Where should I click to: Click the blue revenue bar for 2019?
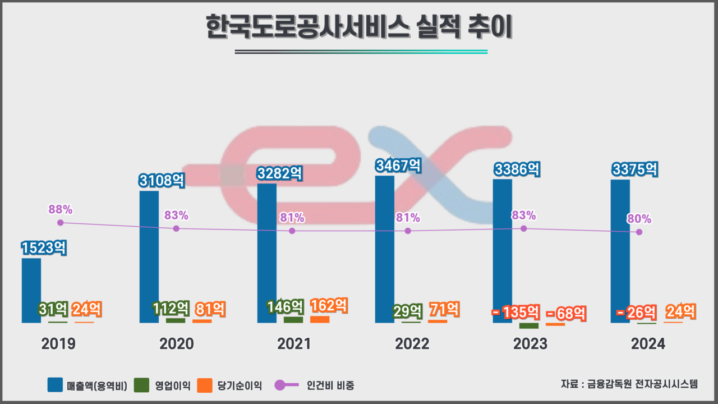(31, 291)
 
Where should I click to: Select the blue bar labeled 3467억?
(385, 249)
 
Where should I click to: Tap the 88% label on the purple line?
(61, 209)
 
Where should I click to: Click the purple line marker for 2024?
(639, 232)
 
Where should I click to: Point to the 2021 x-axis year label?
(294, 344)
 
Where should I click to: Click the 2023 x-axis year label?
(530, 344)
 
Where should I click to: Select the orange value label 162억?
(329, 306)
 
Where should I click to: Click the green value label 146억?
(285, 307)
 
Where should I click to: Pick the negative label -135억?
(516, 312)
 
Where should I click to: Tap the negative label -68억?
(566, 313)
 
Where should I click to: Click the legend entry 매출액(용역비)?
(88, 385)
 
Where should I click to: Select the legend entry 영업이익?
(163, 385)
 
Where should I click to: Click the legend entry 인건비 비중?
(315, 385)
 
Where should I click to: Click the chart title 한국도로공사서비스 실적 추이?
(359, 28)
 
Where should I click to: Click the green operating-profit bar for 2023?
(528, 325)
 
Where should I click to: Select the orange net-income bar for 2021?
(320, 319)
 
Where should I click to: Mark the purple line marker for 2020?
(176, 228)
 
